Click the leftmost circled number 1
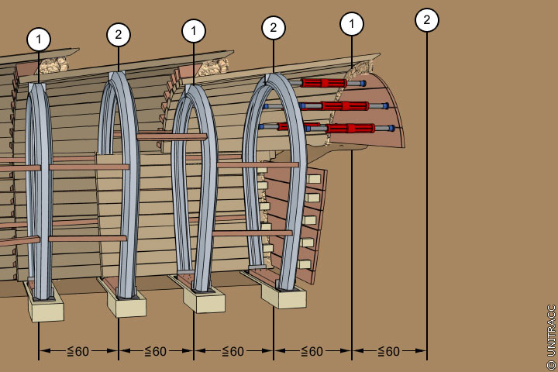pyautogui.click(x=39, y=39)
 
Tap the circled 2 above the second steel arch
pyautogui.click(x=118, y=34)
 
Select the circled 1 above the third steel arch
pyautogui.click(x=194, y=31)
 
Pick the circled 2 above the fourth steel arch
pyautogui.click(x=273, y=28)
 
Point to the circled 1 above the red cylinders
pyautogui.click(x=352, y=24)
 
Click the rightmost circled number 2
pyautogui.click(x=426, y=20)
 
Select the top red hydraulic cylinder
pyautogui.click(x=324, y=83)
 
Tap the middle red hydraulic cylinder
pyautogui.click(x=344, y=105)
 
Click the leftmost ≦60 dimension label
pyautogui.click(x=77, y=351)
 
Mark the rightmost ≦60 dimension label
pyautogui.click(x=388, y=351)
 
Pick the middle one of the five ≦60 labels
pyautogui.click(x=232, y=351)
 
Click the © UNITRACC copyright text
pyautogui.click(x=551, y=335)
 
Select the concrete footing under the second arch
pyautogui.click(x=126, y=304)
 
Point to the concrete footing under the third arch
pyautogui.click(x=205, y=300)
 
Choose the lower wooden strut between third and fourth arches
pyautogui.click(x=251, y=232)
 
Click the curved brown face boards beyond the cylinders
pyautogui.click(x=387, y=108)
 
